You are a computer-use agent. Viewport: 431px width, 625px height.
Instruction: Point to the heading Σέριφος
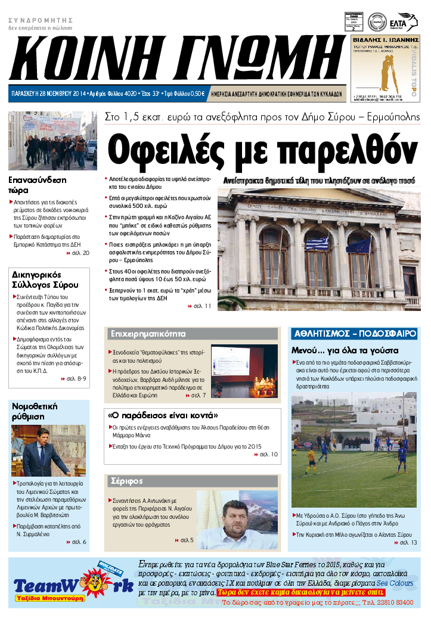tap(126, 481)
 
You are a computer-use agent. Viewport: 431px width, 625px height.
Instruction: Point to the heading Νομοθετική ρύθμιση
tap(35, 411)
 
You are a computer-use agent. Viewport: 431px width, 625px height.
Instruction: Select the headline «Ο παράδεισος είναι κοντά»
tap(163, 415)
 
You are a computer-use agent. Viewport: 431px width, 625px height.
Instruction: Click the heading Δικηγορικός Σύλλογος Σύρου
tap(45, 279)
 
